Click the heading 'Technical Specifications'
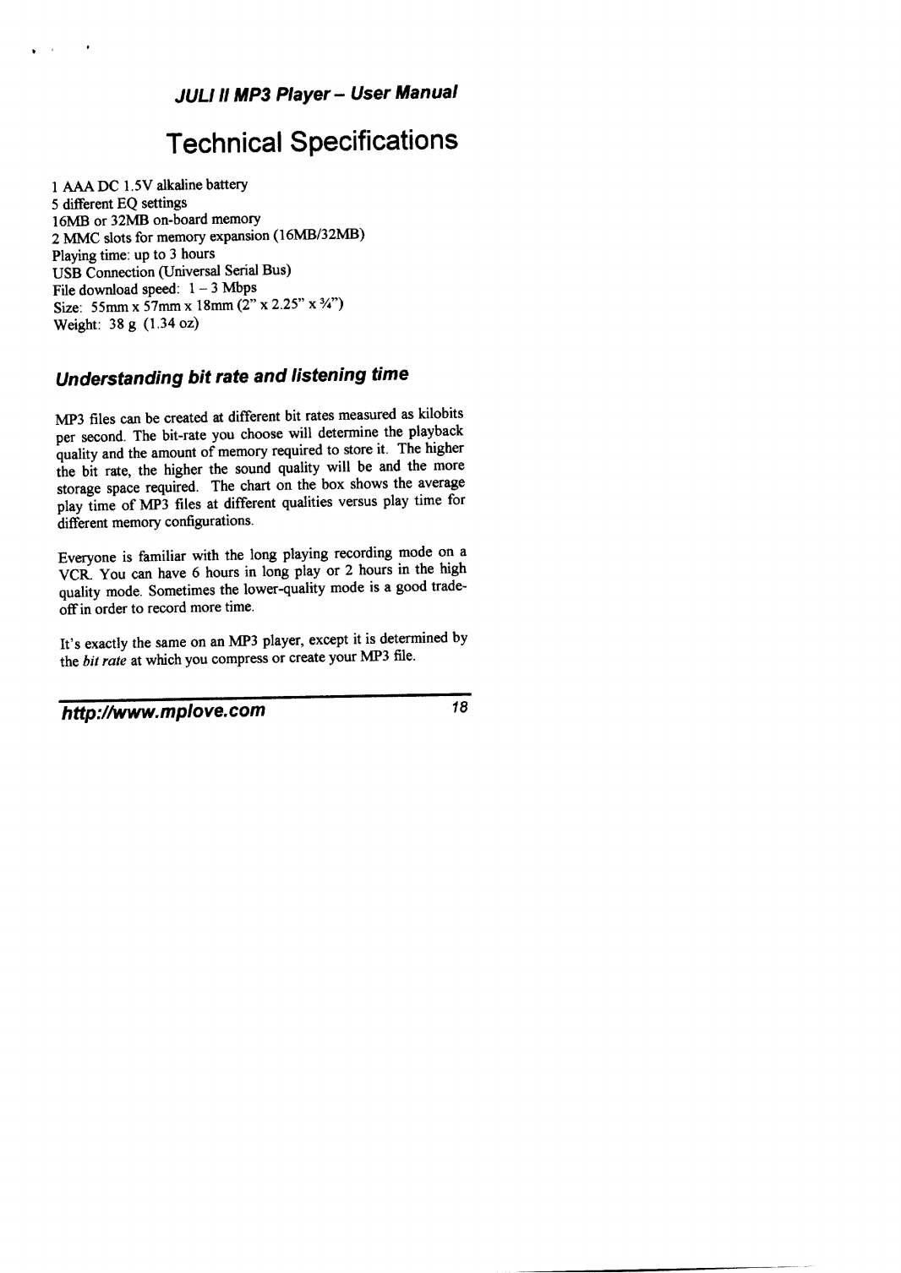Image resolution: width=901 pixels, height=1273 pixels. (x=311, y=142)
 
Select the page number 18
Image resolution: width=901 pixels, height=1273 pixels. (x=459, y=707)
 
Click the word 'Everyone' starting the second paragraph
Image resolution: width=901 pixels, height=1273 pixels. (x=81, y=556)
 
